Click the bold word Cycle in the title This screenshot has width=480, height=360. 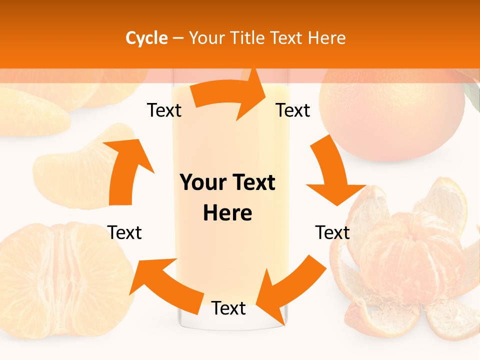coord(146,38)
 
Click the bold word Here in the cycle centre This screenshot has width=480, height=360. coord(227,213)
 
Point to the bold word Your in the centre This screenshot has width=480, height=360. coord(202,183)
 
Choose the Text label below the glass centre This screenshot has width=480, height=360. coord(228,308)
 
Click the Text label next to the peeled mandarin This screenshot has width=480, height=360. coord(332,232)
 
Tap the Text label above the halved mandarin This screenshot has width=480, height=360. coord(124,232)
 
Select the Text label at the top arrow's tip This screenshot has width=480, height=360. coord(293,110)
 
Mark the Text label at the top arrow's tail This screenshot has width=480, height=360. coord(164,110)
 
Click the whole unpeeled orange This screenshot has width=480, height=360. coord(392,115)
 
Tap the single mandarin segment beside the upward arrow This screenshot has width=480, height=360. coord(75,170)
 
